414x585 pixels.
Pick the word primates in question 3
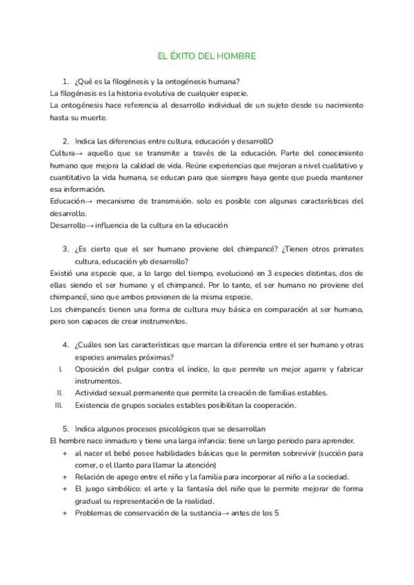(343, 249)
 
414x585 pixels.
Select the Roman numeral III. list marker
(59, 405)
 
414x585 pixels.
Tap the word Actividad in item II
(93, 393)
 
